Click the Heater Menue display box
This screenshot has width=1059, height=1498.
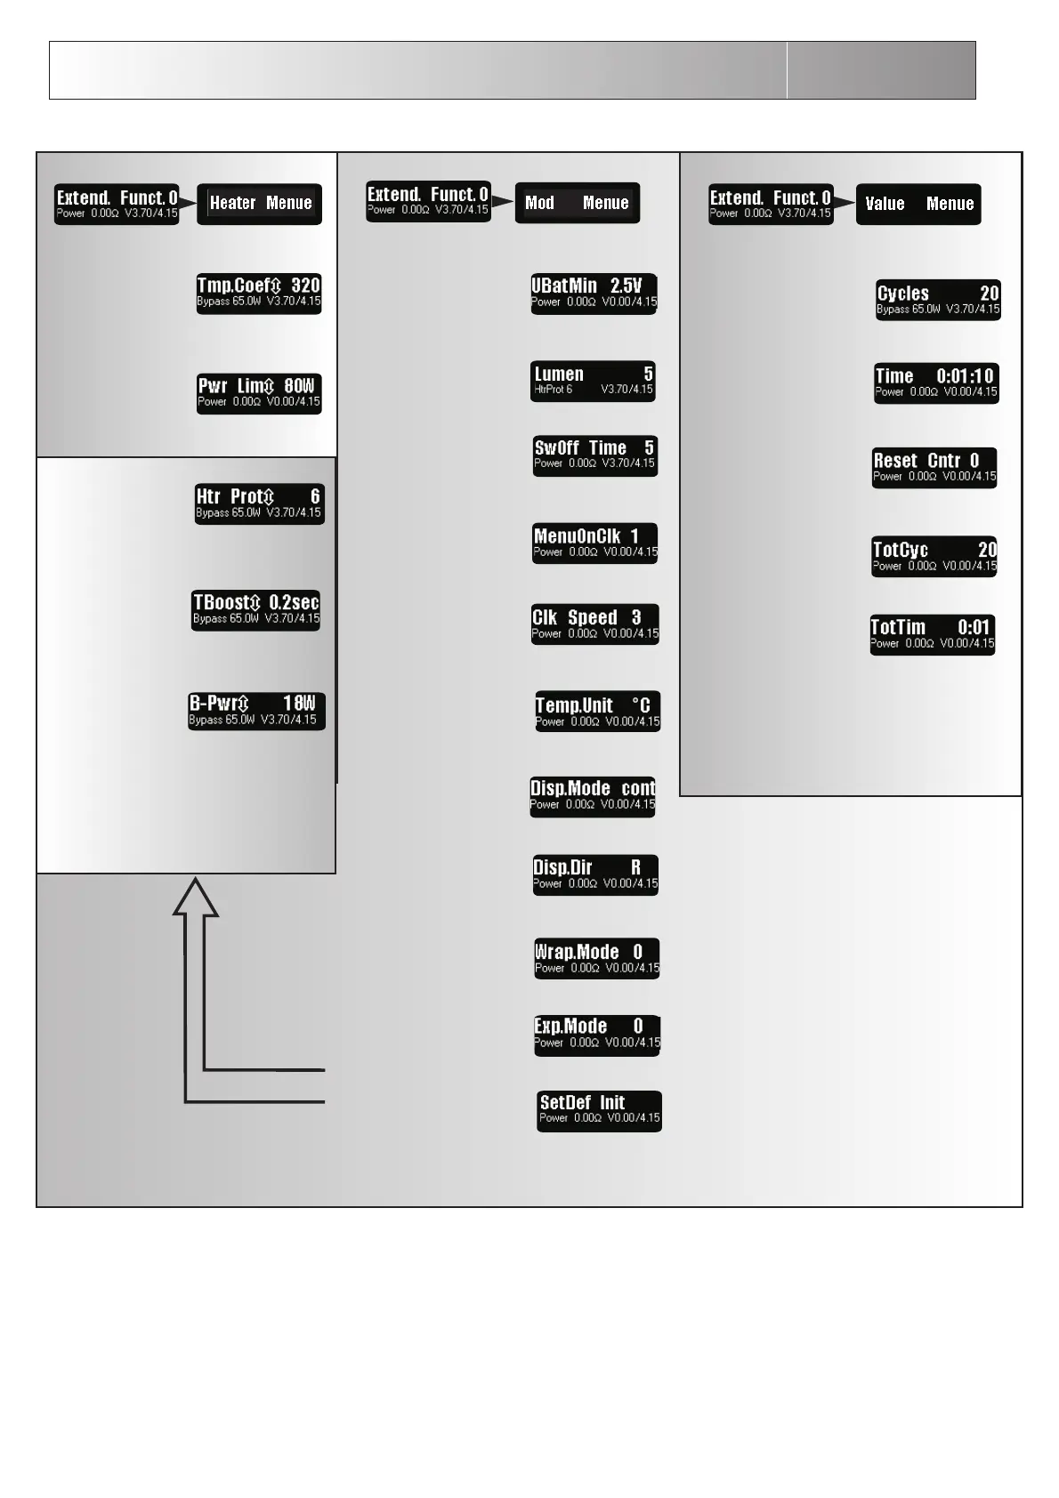(259, 204)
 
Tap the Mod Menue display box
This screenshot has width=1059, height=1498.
(577, 204)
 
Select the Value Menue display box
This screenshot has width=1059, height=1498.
(918, 205)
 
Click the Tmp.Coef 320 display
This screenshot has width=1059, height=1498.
(259, 294)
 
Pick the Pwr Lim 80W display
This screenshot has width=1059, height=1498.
(259, 393)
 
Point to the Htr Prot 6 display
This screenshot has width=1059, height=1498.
(259, 503)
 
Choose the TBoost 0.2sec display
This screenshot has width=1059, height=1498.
(256, 610)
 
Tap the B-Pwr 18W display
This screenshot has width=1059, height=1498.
(256, 711)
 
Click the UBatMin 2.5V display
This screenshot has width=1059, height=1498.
(594, 294)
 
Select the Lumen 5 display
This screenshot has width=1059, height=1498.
(594, 381)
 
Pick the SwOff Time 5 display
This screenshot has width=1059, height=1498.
(594, 455)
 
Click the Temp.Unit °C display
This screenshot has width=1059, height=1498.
(597, 712)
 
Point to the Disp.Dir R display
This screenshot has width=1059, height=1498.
(595, 874)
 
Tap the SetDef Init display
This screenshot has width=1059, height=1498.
(599, 1110)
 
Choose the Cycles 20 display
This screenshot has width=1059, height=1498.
(938, 300)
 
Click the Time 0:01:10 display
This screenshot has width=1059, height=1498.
(936, 383)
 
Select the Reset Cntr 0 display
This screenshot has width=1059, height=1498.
(934, 468)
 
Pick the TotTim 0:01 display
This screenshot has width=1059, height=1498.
(932, 635)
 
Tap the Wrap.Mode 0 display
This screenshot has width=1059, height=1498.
(596, 958)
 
